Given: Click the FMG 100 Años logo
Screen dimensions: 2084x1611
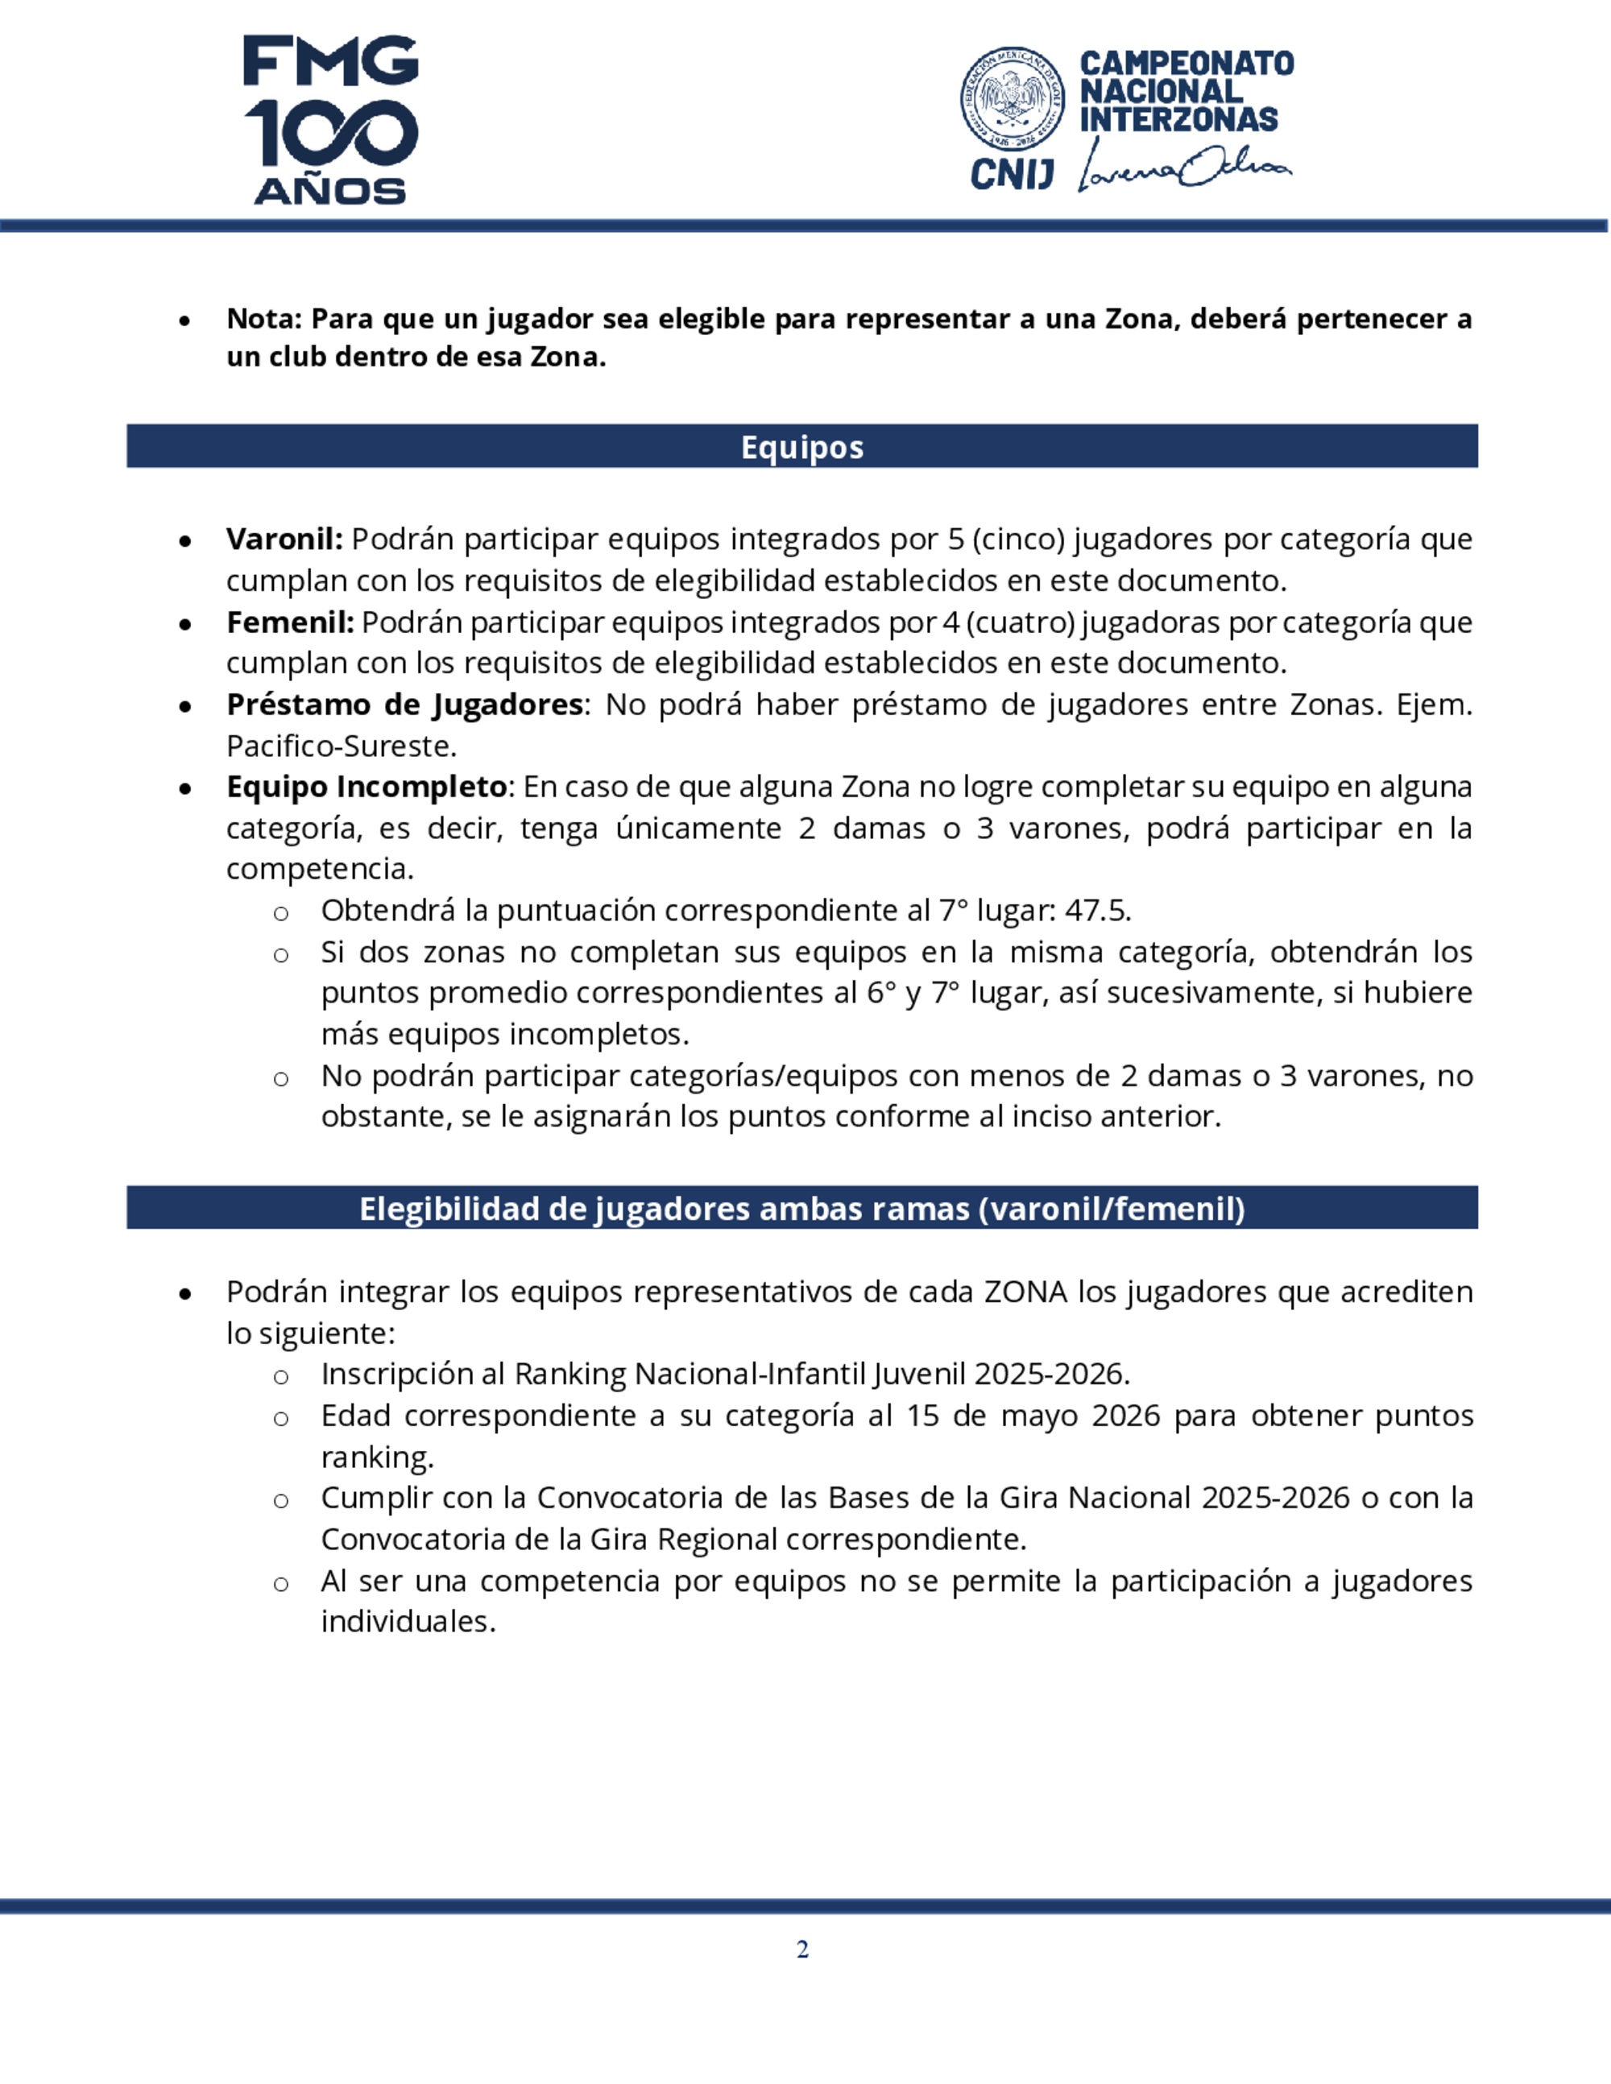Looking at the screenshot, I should click(x=330, y=119).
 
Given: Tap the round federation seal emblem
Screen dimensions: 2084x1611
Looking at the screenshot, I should click(x=1012, y=99).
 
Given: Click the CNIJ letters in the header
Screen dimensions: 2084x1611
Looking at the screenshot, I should click(x=1012, y=175).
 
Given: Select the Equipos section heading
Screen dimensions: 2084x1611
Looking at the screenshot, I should click(x=801, y=447).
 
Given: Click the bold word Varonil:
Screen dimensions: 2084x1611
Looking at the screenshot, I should click(x=284, y=540).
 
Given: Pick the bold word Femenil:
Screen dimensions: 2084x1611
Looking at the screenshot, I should click(x=290, y=622).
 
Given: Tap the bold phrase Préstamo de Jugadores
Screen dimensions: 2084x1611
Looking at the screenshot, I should click(x=404, y=705).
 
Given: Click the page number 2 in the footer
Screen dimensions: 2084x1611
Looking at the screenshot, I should click(x=802, y=1949).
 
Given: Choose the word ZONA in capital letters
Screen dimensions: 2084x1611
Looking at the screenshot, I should click(x=1025, y=1291).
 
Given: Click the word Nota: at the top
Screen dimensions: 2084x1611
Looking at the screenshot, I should click(x=264, y=319).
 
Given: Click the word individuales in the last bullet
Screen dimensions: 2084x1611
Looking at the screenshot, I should click(x=408, y=1621).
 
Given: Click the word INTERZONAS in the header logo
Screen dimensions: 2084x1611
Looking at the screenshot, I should click(x=1178, y=119).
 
